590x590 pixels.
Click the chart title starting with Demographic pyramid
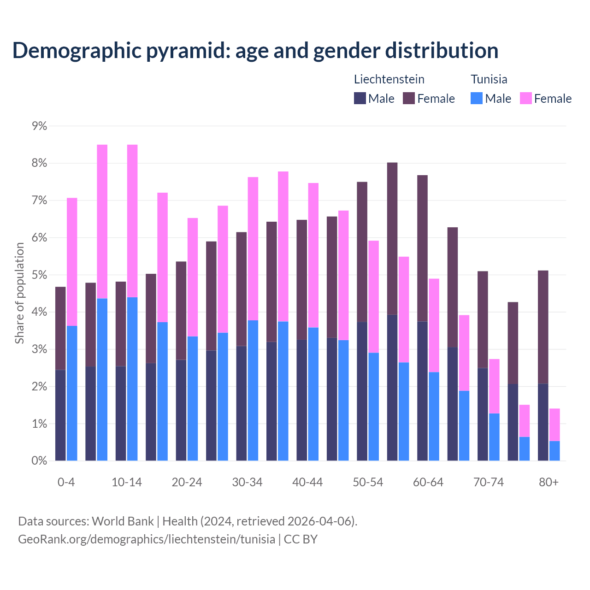point(255,51)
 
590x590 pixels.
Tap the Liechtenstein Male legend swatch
point(360,98)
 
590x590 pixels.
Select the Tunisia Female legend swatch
point(525,98)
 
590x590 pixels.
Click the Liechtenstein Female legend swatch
point(409,98)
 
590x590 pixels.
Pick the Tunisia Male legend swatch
point(477,98)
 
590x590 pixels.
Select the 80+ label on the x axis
point(549,483)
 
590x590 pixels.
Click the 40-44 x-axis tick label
point(307,483)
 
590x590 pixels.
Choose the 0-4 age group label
point(66,483)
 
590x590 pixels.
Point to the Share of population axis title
point(20,293)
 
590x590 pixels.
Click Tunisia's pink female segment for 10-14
point(132,221)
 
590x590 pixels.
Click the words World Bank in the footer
point(123,521)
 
